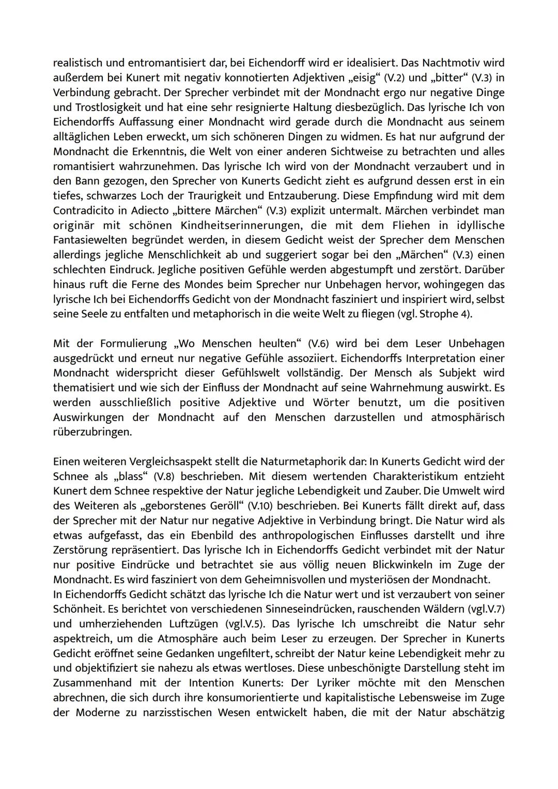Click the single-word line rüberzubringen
coord(92,432)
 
